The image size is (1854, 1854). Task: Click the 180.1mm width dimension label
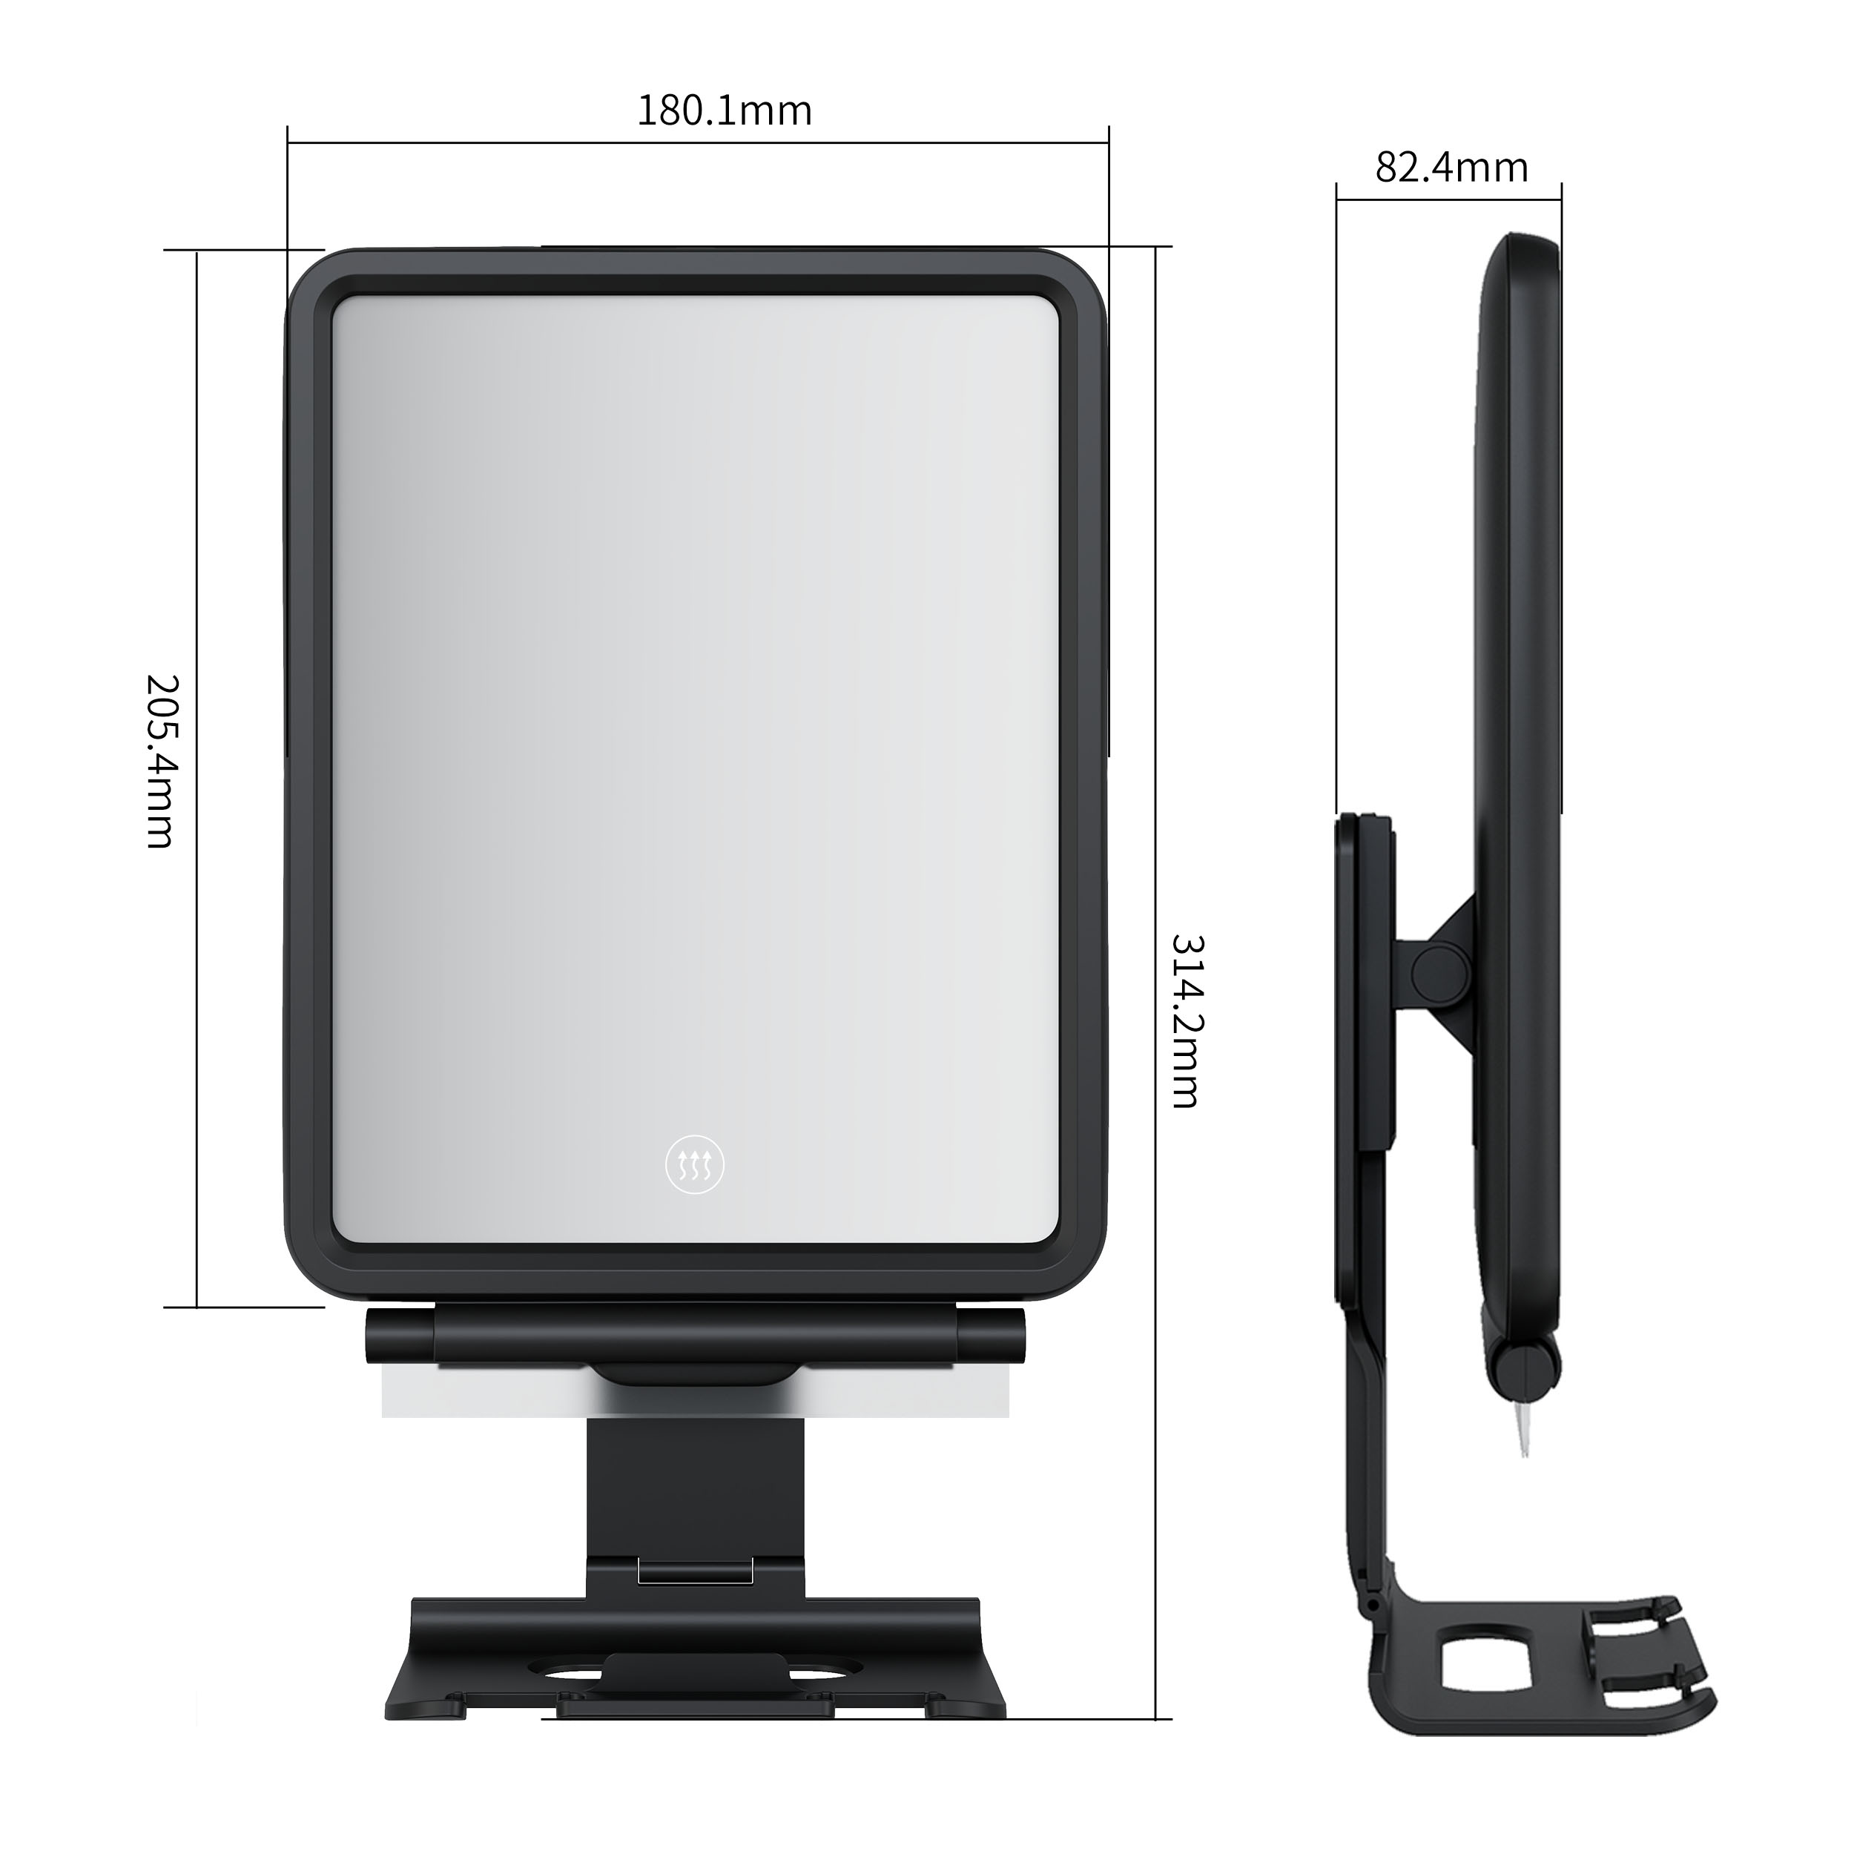[x=725, y=111]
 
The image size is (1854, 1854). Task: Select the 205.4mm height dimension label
[x=160, y=761]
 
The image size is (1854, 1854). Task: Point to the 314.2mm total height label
[x=1186, y=1021]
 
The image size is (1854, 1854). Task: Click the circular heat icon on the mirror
[x=695, y=1166]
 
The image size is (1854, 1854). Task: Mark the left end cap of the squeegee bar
[x=398, y=1336]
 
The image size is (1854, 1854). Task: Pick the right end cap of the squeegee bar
[x=992, y=1336]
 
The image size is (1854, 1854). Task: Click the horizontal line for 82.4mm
[x=1449, y=200]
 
